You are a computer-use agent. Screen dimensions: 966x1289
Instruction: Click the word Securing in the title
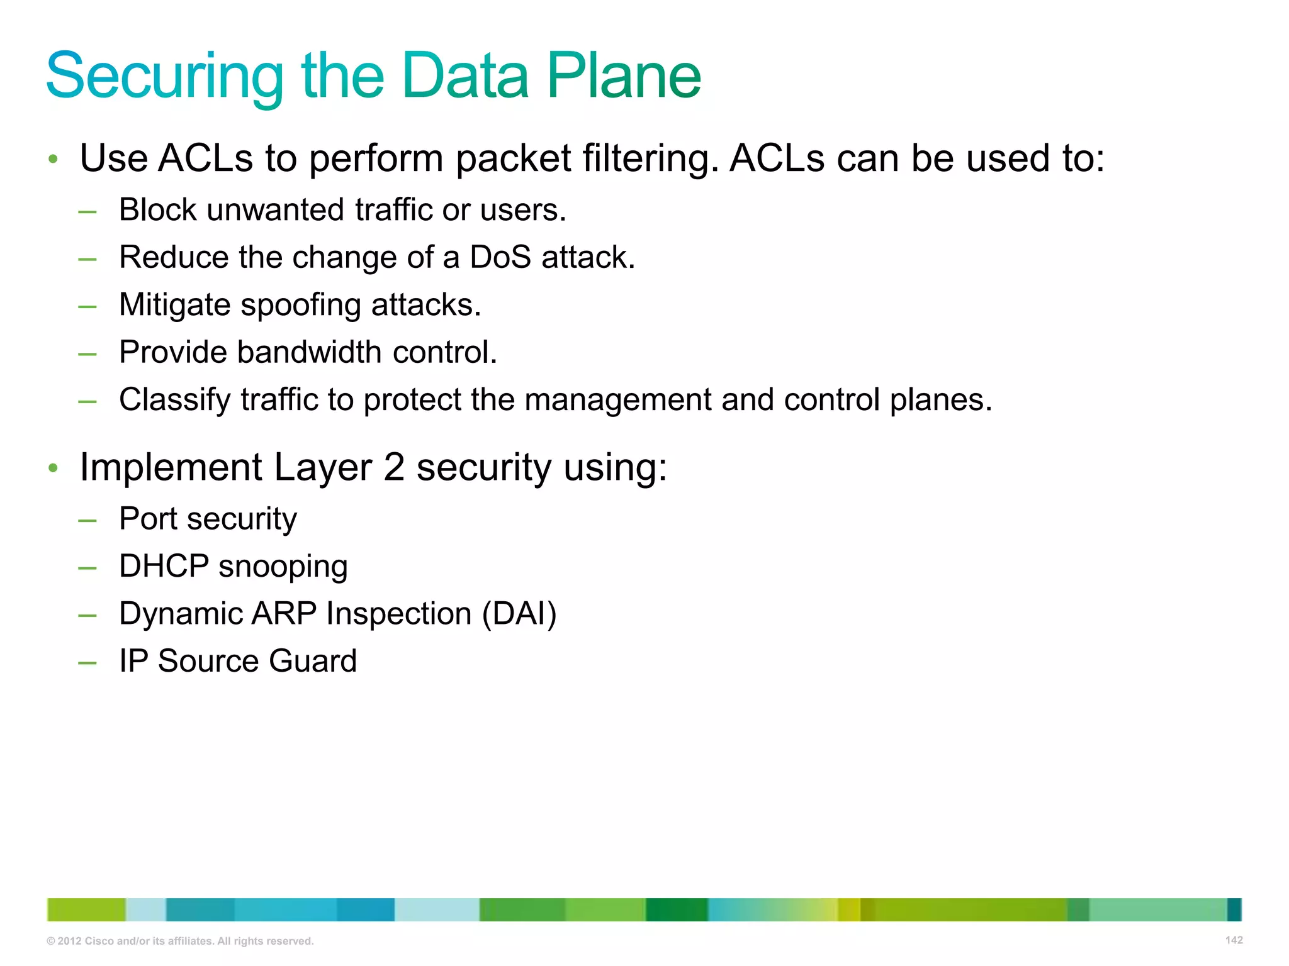(165, 77)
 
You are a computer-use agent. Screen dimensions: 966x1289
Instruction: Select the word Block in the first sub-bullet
(157, 209)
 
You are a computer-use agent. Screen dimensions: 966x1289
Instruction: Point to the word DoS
(500, 257)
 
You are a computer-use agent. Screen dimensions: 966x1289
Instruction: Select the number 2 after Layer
(394, 467)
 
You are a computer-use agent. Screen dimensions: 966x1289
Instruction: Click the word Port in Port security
(149, 519)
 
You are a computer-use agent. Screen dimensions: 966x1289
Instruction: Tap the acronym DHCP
(164, 566)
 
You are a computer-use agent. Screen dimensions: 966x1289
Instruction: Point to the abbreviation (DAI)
(519, 614)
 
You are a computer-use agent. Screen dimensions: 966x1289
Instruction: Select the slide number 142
(1234, 940)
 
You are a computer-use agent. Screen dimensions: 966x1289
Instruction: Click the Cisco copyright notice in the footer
(180, 941)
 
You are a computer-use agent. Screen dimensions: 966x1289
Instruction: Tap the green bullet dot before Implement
(53, 468)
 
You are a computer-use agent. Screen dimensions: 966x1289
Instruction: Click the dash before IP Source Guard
(87, 662)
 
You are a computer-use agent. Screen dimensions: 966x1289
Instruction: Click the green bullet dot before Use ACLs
(53, 158)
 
